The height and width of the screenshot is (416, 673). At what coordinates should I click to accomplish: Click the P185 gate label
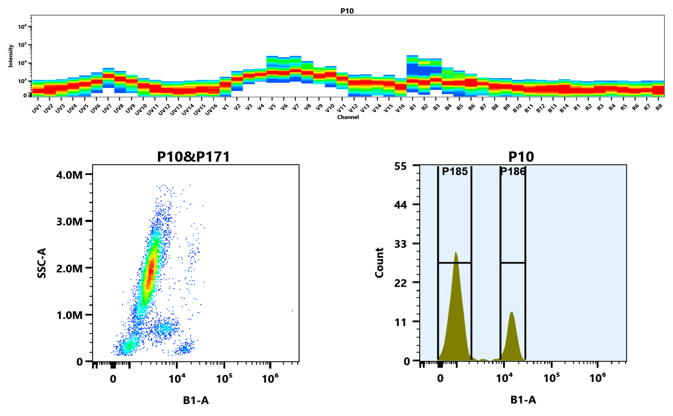455,171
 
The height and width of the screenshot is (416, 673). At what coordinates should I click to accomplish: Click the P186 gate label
512,171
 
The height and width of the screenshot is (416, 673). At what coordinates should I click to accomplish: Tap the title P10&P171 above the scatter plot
193,157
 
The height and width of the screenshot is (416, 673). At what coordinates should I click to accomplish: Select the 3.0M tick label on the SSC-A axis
69,221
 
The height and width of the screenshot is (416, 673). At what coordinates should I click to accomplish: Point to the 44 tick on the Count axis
400,205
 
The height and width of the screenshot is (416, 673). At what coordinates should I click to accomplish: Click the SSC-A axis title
42,263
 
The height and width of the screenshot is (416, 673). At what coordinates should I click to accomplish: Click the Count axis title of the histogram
379,263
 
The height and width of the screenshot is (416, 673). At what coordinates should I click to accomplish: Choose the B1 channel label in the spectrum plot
413,107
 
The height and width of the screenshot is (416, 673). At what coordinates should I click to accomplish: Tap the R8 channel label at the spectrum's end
659,107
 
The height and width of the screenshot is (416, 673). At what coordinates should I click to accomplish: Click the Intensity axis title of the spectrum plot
11,55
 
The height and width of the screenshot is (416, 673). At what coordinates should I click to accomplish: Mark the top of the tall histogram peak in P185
455,252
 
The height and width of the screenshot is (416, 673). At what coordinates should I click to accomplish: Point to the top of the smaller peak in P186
512,312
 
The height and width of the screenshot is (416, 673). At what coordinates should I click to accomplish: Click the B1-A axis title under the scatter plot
196,400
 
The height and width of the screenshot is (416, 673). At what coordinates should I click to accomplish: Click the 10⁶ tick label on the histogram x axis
597,378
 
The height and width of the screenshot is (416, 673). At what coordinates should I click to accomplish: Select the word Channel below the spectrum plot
348,117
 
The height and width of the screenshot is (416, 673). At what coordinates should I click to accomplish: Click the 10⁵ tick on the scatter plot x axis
224,379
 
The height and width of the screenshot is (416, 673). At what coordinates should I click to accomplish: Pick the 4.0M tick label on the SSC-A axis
69,175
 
